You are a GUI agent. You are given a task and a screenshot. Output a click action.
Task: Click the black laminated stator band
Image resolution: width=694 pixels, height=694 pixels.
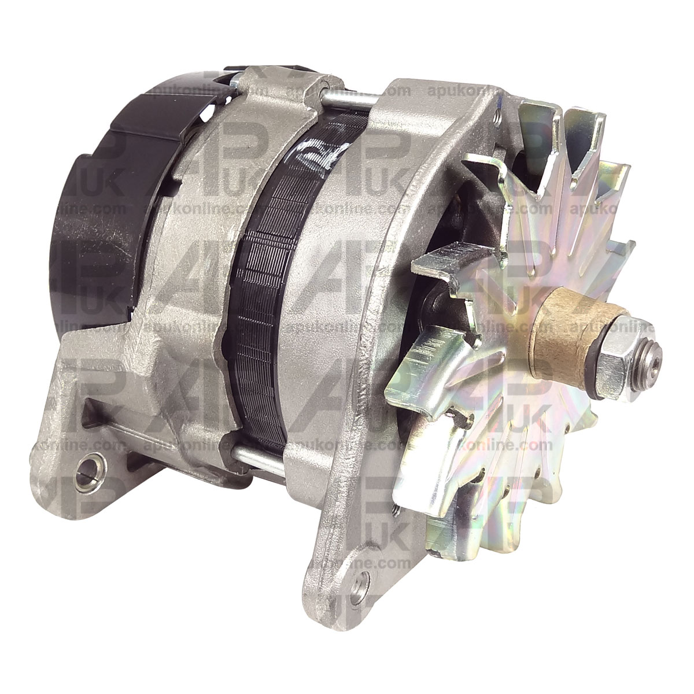point(266,289)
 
